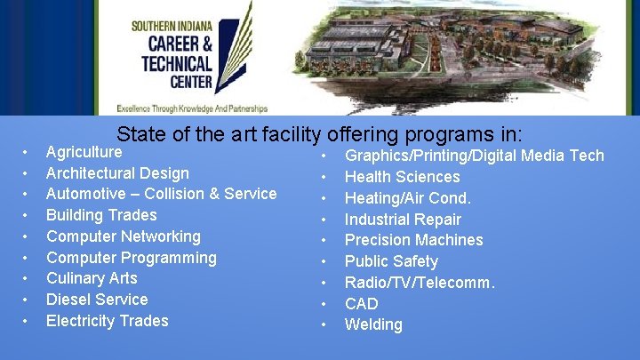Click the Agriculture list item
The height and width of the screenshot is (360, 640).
coord(84,152)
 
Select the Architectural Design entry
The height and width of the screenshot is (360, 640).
coord(117,173)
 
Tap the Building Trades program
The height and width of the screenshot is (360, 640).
coord(101,215)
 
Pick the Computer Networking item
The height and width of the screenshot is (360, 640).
coord(124,236)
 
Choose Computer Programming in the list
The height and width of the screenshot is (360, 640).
coord(132,258)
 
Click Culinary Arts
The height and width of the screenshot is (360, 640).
coord(92,278)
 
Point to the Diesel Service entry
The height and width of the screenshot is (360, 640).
coord(97,300)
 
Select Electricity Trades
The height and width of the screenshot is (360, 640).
coord(107,321)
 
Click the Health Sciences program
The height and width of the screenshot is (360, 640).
coord(402,177)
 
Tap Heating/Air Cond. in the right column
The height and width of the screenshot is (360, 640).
coord(407,198)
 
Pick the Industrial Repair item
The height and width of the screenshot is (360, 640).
coord(403,220)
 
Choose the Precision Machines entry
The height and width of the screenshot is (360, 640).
coord(413,240)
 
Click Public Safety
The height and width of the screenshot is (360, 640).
coord(391,261)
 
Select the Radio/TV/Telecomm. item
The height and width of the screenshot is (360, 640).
coord(420,283)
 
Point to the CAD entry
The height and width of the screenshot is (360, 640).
coord(361,304)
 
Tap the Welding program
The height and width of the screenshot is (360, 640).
coord(373,324)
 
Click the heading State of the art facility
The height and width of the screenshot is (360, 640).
coord(218,135)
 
